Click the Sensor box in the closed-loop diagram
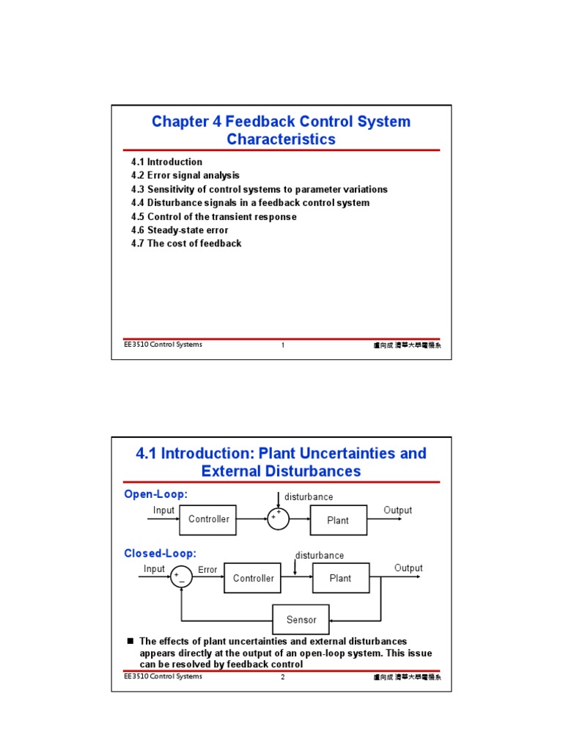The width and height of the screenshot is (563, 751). (301, 620)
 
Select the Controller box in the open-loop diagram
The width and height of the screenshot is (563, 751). (208, 519)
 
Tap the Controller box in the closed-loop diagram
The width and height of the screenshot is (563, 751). (253, 578)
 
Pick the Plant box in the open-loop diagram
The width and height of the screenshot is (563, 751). (338, 520)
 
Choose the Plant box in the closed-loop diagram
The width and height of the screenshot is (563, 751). (340, 578)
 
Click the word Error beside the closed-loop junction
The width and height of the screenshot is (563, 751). (207, 570)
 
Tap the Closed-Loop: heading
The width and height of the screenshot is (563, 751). (160, 554)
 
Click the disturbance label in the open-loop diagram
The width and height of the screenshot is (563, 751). (309, 497)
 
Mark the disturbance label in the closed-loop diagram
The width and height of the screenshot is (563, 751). (319, 555)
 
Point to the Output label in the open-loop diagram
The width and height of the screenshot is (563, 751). (397, 510)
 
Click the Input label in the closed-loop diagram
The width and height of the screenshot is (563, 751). (154, 569)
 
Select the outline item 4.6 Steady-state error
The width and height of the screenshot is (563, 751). (180, 230)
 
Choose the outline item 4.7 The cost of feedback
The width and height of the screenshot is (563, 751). (186, 243)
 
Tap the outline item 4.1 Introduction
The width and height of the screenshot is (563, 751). (166, 162)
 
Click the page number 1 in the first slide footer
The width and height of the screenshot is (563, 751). (282, 345)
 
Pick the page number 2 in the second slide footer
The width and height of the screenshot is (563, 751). (282, 677)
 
